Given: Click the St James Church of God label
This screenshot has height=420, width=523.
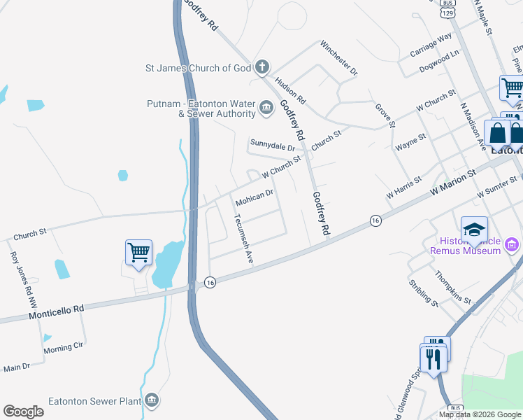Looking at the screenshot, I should (197, 68).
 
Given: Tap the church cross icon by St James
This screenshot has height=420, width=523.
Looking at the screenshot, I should (262, 68).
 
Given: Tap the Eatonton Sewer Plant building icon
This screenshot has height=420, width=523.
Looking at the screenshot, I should (152, 401).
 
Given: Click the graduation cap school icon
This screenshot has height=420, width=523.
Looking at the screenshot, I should (474, 228).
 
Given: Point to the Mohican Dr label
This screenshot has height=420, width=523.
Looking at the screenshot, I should (254, 197).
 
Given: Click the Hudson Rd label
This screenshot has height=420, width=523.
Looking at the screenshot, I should (290, 89).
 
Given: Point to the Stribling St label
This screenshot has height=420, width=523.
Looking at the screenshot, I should (424, 294).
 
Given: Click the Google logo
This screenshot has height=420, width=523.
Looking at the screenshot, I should (23, 412).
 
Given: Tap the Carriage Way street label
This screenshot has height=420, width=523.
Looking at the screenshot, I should (431, 46).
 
